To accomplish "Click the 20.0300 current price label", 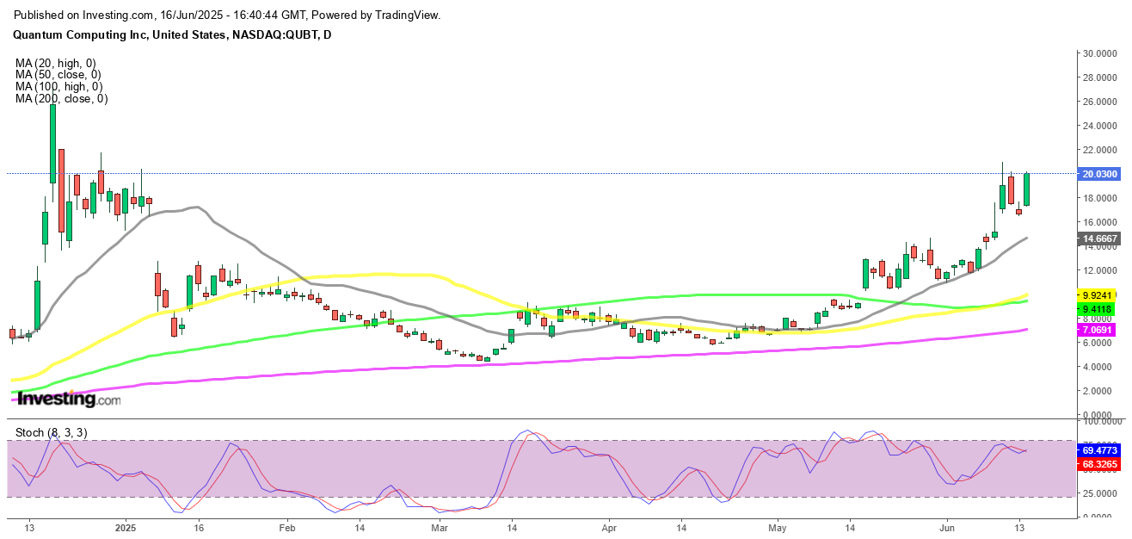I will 1100,174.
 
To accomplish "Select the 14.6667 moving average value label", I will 1100,239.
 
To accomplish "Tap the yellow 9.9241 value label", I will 1100,294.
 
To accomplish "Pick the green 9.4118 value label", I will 1100,308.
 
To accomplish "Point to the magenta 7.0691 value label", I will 1100,330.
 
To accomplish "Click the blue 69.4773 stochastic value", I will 1100,450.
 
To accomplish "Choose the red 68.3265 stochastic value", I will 1100,464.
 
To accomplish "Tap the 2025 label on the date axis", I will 126,528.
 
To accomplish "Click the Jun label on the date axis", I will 947,528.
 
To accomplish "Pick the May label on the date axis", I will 778,528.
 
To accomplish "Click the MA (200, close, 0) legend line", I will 61,99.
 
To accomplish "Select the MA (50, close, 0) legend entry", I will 58,75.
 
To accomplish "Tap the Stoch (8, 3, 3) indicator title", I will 51,432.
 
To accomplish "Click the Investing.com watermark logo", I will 69,400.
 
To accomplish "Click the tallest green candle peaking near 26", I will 52,144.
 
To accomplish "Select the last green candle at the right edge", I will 1026,189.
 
